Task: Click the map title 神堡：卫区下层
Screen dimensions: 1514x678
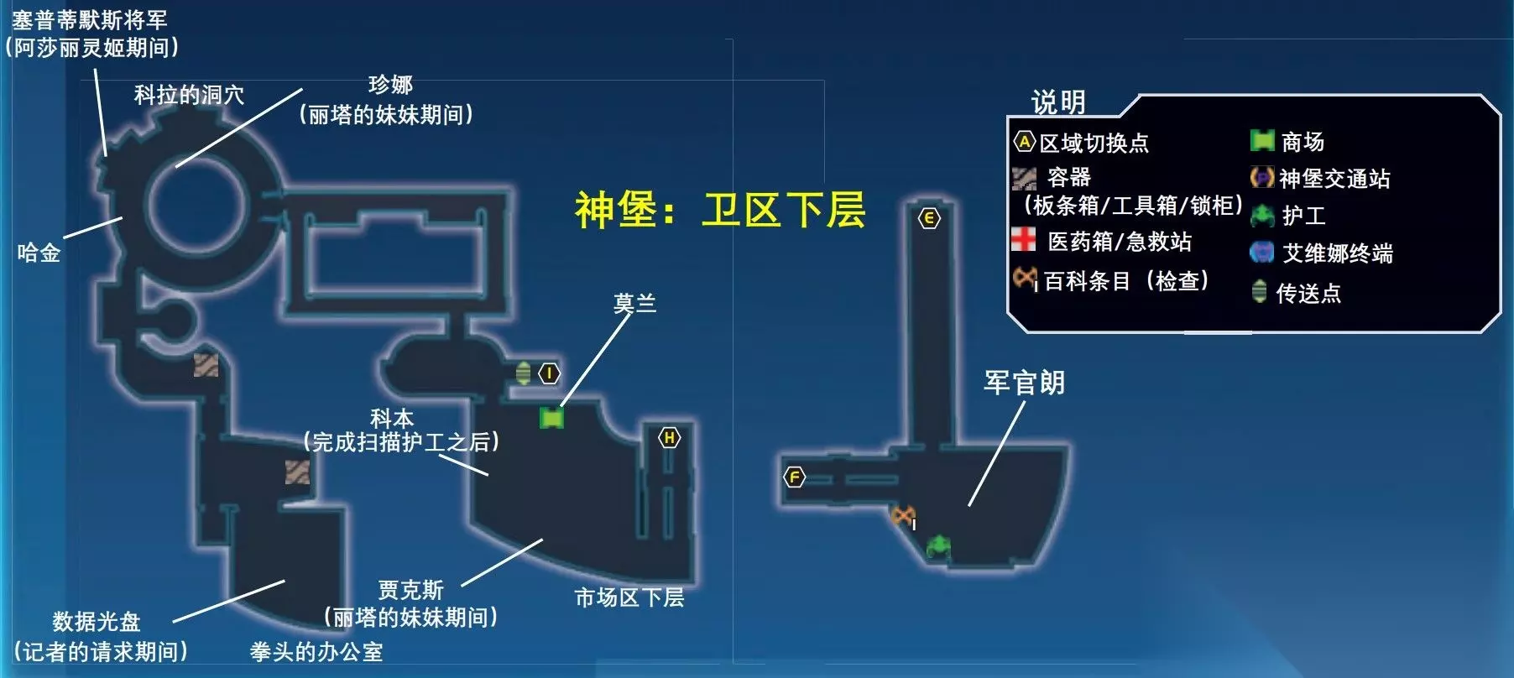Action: pos(719,209)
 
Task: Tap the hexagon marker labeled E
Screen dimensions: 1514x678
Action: pos(929,218)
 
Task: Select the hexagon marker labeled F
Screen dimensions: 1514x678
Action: pos(794,477)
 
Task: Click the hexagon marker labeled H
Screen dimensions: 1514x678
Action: pos(669,437)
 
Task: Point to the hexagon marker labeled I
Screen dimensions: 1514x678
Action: pos(549,373)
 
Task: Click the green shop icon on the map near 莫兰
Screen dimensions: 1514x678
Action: pos(551,417)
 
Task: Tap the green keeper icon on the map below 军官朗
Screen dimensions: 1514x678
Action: pos(937,545)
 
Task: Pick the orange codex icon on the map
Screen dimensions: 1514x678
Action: pos(903,515)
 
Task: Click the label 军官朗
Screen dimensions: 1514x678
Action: pos(1024,383)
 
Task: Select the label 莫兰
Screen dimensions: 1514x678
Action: pos(634,303)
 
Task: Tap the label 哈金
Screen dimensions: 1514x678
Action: pos(39,253)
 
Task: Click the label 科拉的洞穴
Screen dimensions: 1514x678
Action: pos(189,95)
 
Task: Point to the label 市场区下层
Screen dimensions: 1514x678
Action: pos(629,597)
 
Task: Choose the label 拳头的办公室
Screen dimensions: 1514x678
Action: pos(316,652)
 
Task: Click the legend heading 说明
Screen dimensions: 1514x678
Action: pos(1058,102)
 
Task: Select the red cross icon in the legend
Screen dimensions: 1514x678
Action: pos(1023,239)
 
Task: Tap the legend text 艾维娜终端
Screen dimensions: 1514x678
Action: pos(1338,253)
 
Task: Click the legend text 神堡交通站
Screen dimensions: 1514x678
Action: pos(1334,179)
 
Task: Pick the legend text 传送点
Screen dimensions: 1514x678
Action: pos(1308,293)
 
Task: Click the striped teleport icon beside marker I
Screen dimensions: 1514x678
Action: pos(523,373)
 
